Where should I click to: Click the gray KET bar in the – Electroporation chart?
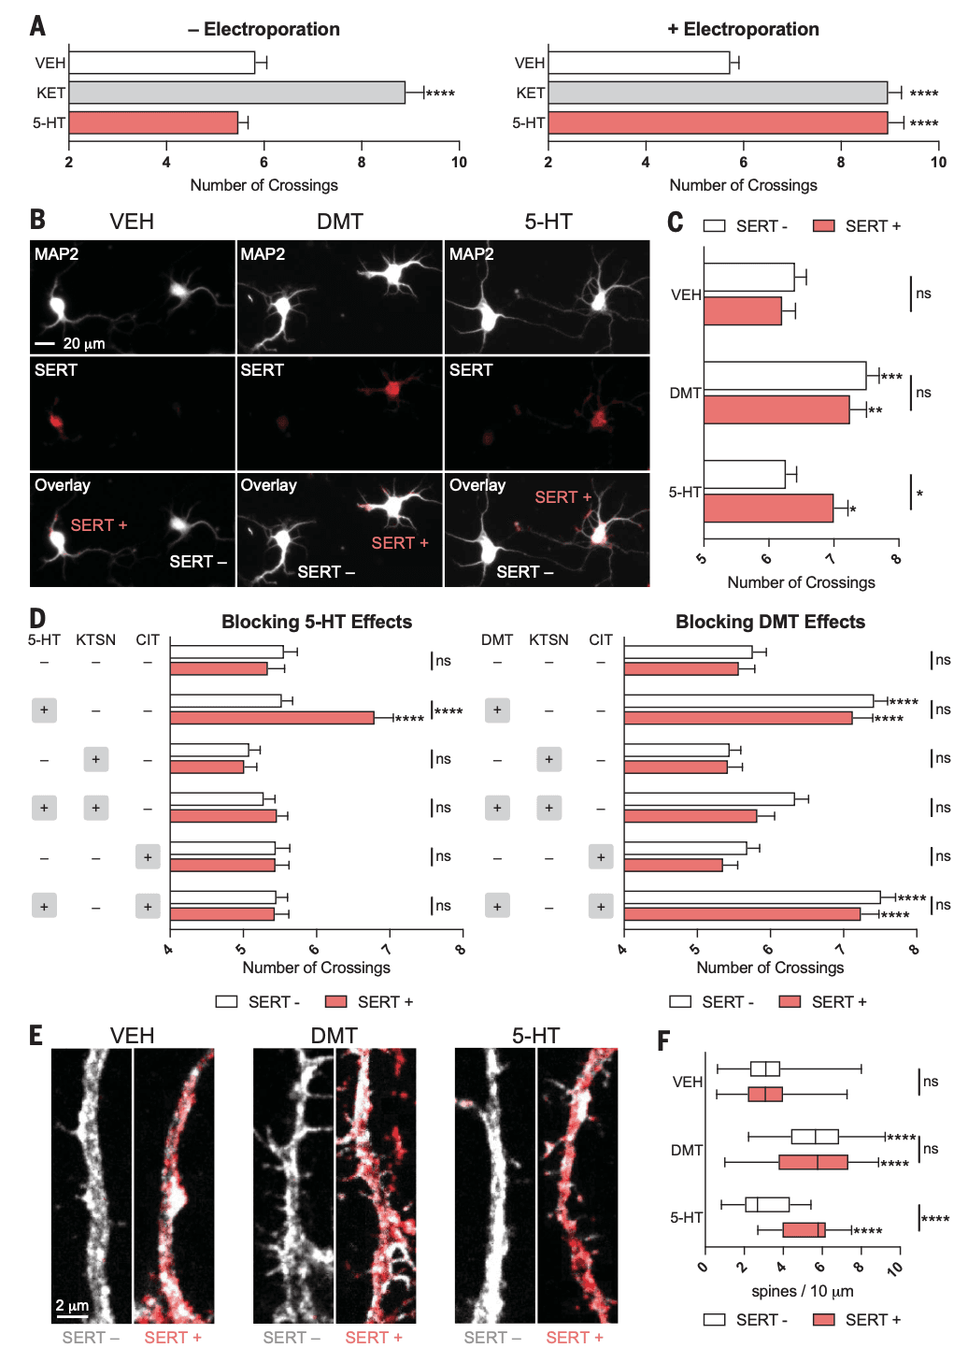coord(236,93)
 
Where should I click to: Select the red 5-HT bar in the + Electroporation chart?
coord(717,122)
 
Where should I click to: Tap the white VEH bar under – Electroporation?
coord(161,63)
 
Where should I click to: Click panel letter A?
coord(37,25)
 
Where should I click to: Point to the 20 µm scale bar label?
coord(83,343)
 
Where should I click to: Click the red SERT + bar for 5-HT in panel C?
coord(767,509)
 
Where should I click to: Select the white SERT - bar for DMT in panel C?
coord(784,376)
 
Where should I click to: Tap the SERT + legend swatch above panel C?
coord(823,225)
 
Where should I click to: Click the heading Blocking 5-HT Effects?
coord(317,622)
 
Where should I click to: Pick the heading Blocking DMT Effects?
coord(770,622)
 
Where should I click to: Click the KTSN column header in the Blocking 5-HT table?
coord(95,639)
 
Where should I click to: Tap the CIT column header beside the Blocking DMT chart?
coord(601,639)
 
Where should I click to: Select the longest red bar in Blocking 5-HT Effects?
coord(271,718)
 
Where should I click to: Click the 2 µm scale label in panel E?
coord(72,1305)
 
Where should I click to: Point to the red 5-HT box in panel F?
coord(804,1229)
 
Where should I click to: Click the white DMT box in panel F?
coord(814,1137)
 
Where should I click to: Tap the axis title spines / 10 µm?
coord(802,1291)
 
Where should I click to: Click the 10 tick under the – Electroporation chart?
coord(459,163)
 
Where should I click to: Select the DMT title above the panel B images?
coord(339,222)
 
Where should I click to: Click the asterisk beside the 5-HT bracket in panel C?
coord(919,494)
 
